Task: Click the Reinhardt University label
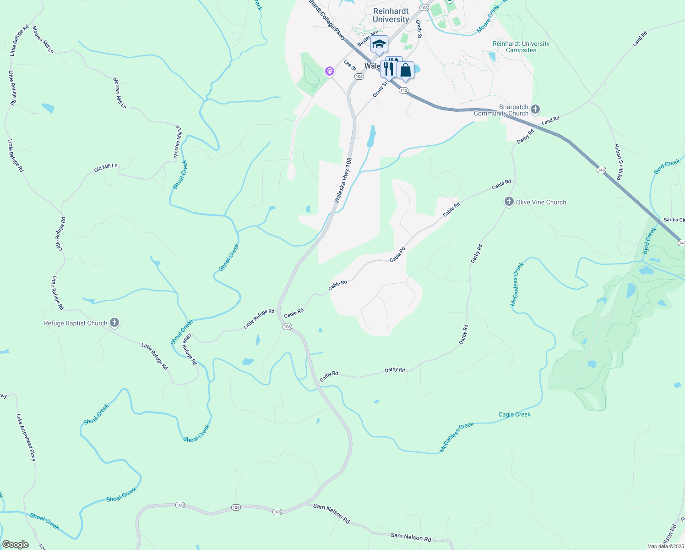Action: pos(391,15)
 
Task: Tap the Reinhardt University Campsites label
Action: pos(521,47)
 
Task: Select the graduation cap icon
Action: pos(379,44)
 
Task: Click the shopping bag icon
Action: pos(406,70)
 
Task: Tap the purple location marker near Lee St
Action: pos(329,71)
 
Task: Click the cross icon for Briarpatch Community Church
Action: pos(535,110)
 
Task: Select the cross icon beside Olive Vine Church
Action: pos(509,202)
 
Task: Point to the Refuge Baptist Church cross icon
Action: pos(114,323)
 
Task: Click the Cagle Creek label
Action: pos(514,414)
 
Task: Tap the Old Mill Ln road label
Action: pos(106,168)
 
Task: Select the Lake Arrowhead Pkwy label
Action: pos(26,437)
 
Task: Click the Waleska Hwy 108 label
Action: pos(343,181)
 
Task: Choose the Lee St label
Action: pos(349,65)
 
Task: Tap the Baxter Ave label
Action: pos(368,38)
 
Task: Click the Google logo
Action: pos(15,544)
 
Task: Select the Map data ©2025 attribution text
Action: pos(665,546)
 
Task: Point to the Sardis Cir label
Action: pos(674,220)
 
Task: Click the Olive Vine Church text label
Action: pos(541,202)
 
